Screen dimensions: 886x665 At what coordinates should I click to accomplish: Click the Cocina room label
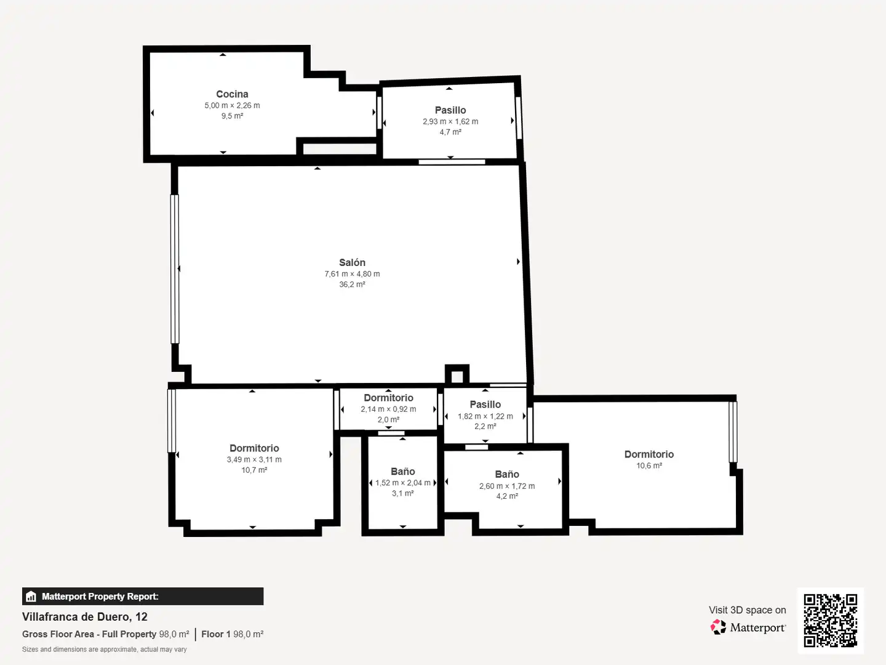[x=232, y=94]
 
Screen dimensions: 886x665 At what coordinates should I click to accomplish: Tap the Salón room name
[x=352, y=262]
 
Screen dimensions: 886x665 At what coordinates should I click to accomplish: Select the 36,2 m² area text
[x=352, y=284]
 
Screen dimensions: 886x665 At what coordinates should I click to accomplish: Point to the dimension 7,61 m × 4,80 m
[x=352, y=274]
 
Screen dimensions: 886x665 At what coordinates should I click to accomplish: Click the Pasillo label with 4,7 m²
[x=450, y=110]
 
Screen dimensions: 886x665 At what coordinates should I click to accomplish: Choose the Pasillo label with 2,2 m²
[x=485, y=405]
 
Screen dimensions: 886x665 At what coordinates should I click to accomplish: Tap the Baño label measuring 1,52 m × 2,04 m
[x=403, y=472]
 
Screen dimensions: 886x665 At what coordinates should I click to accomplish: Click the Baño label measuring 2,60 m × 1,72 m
[x=507, y=474]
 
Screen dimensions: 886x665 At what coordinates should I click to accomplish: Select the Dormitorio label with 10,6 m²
[x=649, y=454]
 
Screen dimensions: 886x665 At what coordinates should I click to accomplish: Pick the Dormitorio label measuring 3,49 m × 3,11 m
[x=254, y=448]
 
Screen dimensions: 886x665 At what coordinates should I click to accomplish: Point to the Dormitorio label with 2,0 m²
[x=388, y=398]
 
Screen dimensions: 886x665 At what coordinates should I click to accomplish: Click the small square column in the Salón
[x=457, y=375]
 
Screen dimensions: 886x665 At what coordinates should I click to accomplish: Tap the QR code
[x=830, y=620]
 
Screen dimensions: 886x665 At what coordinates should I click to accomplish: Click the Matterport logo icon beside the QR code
[x=718, y=627]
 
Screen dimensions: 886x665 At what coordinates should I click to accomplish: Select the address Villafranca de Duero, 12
[x=85, y=616]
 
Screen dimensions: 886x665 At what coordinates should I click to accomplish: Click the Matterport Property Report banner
[x=143, y=597]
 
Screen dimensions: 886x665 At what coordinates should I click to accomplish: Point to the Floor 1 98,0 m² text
[x=232, y=634]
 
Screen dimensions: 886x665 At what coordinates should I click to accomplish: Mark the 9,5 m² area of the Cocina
[x=232, y=116]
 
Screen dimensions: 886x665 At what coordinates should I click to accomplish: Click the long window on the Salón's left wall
[x=175, y=269]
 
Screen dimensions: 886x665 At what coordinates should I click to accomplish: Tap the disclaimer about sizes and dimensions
[x=104, y=649]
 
